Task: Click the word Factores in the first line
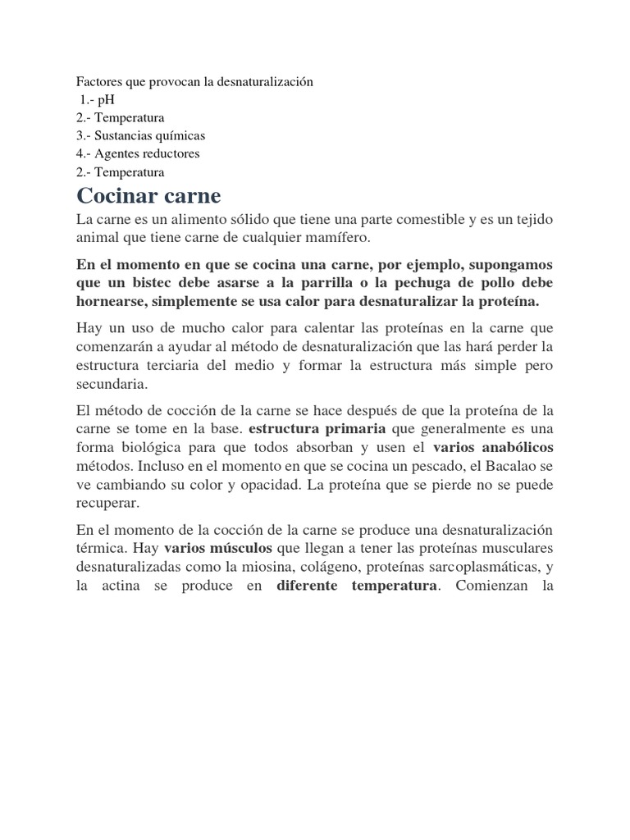point(99,82)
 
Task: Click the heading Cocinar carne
point(148,197)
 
